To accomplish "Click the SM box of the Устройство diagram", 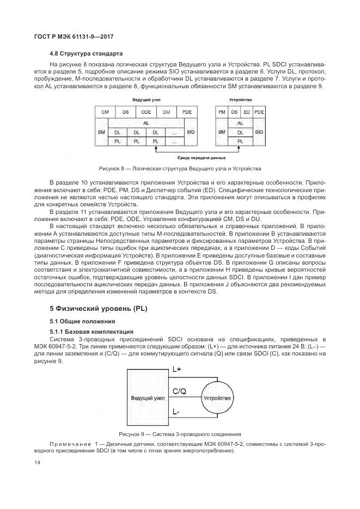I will tap(221, 132).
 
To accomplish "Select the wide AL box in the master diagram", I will tap(145, 123).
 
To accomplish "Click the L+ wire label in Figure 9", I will tap(177, 369).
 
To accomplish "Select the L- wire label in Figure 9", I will tap(176, 412).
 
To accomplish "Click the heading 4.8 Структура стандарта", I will tap(86, 53).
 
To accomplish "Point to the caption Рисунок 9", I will tap(180, 434).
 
